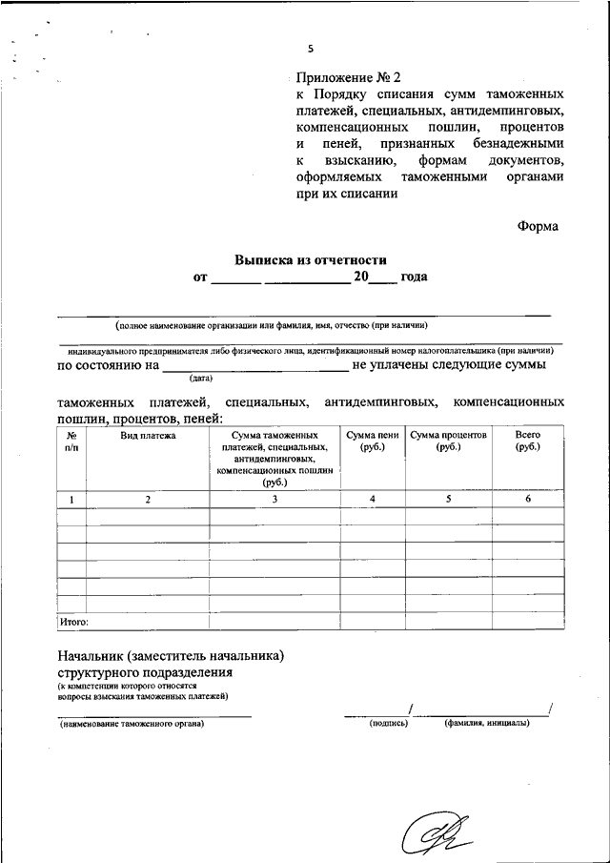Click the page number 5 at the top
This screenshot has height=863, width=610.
point(311,49)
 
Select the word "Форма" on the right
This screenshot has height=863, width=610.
point(539,226)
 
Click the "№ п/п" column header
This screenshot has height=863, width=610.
point(71,441)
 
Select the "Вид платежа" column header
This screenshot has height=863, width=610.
point(148,435)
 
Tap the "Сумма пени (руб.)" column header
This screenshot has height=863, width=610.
point(373,441)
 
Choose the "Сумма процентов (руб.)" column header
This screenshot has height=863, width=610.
point(449,441)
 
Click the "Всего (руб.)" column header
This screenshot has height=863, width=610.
point(527,441)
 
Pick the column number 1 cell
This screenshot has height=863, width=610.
point(71,499)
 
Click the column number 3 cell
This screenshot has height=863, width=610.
point(274,499)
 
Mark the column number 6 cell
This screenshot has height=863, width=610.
point(527,499)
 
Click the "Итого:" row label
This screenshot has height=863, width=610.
point(74,621)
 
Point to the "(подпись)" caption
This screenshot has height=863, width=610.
point(389,723)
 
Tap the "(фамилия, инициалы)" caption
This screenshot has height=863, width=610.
point(486,723)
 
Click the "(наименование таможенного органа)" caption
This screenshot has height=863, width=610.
point(132,724)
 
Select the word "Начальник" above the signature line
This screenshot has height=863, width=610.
point(93,656)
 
